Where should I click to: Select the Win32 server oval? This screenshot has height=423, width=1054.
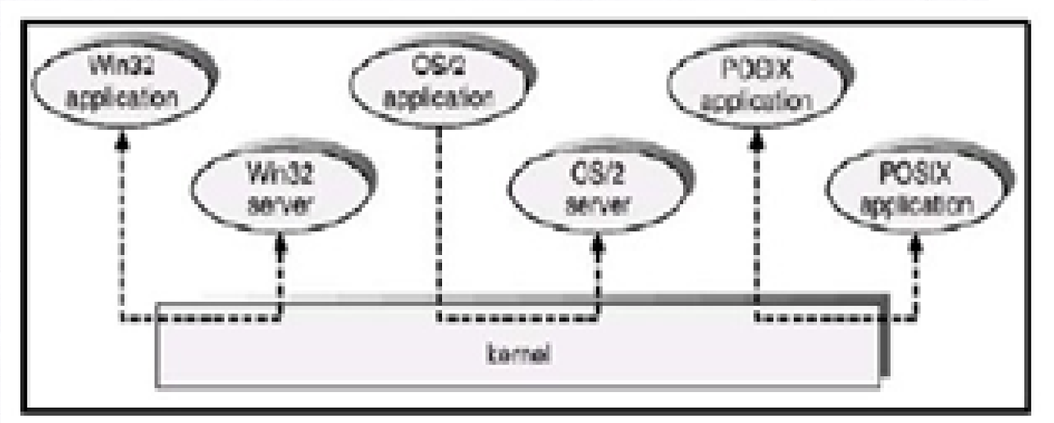(x=281, y=187)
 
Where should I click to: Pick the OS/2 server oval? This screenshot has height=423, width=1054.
(x=598, y=187)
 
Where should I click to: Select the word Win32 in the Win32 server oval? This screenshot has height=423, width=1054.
(x=281, y=174)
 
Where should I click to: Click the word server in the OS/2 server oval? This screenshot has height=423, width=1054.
(x=598, y=204)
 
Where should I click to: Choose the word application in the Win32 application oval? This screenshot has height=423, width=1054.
(x=123, y=99)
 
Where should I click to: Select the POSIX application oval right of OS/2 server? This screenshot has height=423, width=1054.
(x=916, y=188)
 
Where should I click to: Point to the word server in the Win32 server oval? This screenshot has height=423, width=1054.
(x=281, y=204)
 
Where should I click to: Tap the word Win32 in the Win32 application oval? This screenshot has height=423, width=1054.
(x=123, y=68)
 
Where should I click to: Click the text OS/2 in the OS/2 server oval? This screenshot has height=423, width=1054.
(x=598, y=174)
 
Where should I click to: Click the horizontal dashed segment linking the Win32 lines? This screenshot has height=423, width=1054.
(x=201, y=320)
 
